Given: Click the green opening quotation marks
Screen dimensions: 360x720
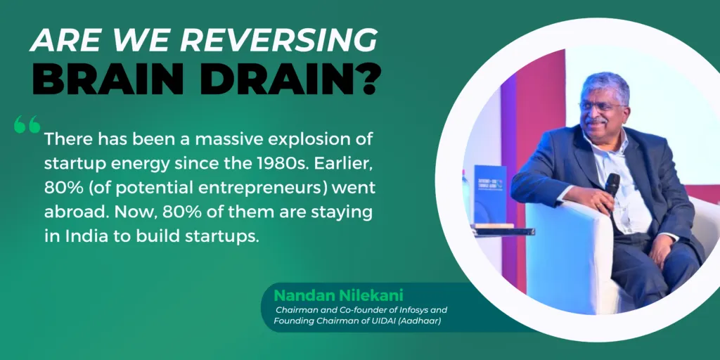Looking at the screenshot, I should (27, 126).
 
